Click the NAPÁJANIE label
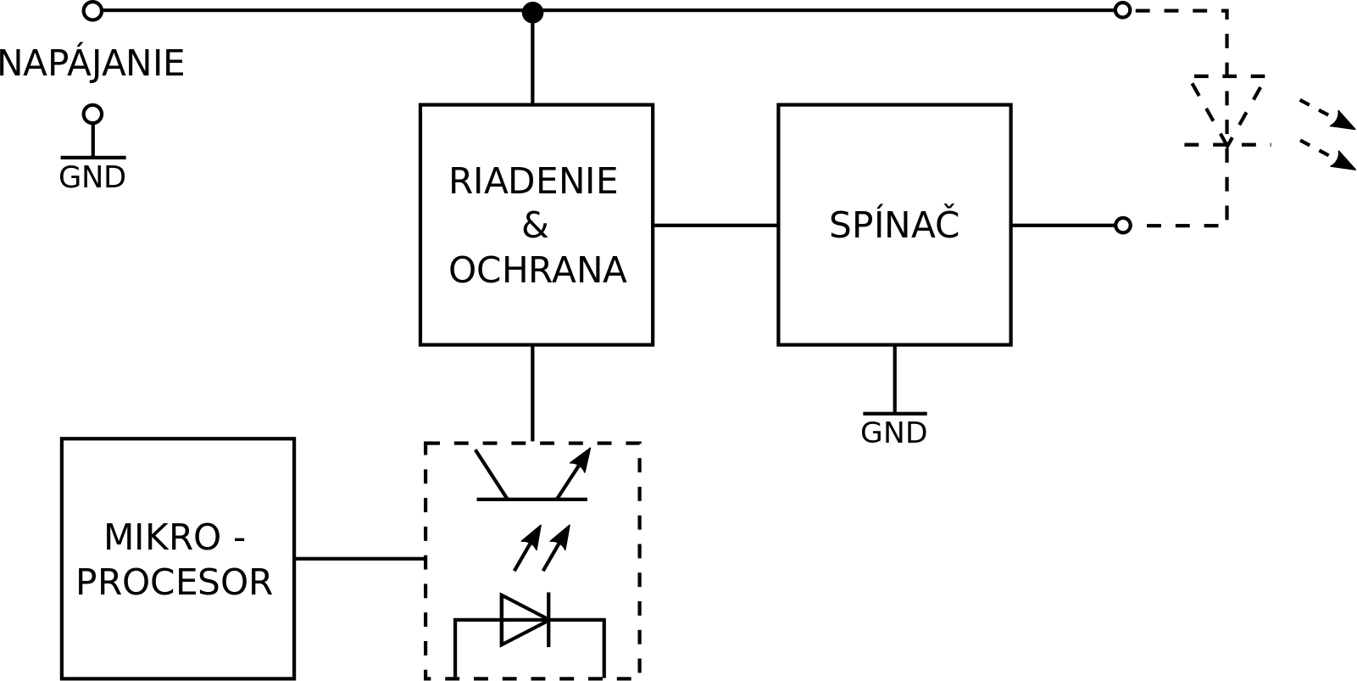(x=91, y=64)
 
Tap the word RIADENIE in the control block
(x=533, y=181)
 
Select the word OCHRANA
(x=537, y=270)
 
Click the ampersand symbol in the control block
(x=535, y=226)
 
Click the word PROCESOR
(x=175, y=582)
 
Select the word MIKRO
(x=163, y=538)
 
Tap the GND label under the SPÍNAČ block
(x=893, y=433)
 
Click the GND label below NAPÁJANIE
(x=92, y=178)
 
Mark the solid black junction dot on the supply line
(x=532, y=12)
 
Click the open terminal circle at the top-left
(x=92, y=10)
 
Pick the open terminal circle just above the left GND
(x=92, y=114)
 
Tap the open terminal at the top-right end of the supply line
(x=1122, y=10)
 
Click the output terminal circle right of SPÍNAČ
(x=1122, y=226)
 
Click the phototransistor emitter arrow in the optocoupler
(x=573, y=473)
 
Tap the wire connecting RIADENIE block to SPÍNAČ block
(x=715, y=226)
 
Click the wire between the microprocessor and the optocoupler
(x=360, y=559)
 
